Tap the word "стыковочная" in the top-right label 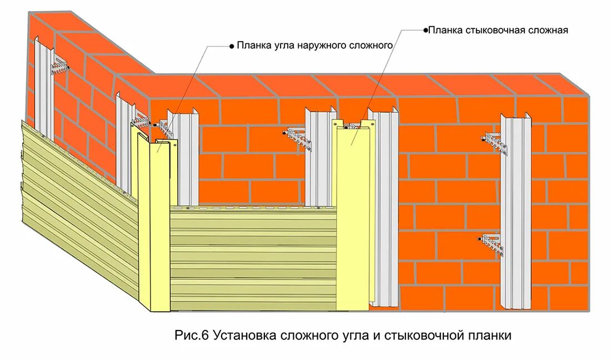pyautogui.click(x=489, y=30)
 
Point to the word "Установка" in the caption pyautogui.click(x=238, y=336)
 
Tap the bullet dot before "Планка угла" pyautogui.click(x=232, y=46)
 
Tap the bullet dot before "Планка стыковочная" pyautogui.click(x=425, y=30)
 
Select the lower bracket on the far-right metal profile pyautogui.click(x=492, y=243)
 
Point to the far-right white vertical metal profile pyautogui.click(x=515, y=211)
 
